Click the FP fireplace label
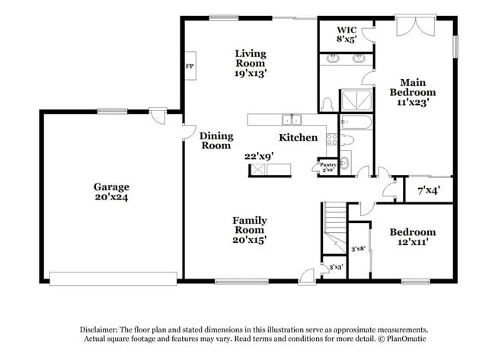click(189, 66)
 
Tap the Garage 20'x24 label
click(111, 191)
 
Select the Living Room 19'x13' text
click(250, 63)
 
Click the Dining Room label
click(216, 141)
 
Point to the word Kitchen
click(298, 138)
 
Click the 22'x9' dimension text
click(259, 155)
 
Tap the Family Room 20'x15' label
click(249, 229)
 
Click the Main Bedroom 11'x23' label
click(412, 92)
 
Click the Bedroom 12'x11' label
click(412, 237)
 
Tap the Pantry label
click(327, 165)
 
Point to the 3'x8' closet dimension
click(358, 248)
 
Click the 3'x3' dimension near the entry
click(335, 267)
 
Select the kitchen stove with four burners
click(332, 139)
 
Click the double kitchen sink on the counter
click(291, 119)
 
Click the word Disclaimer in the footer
click(102, 330)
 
